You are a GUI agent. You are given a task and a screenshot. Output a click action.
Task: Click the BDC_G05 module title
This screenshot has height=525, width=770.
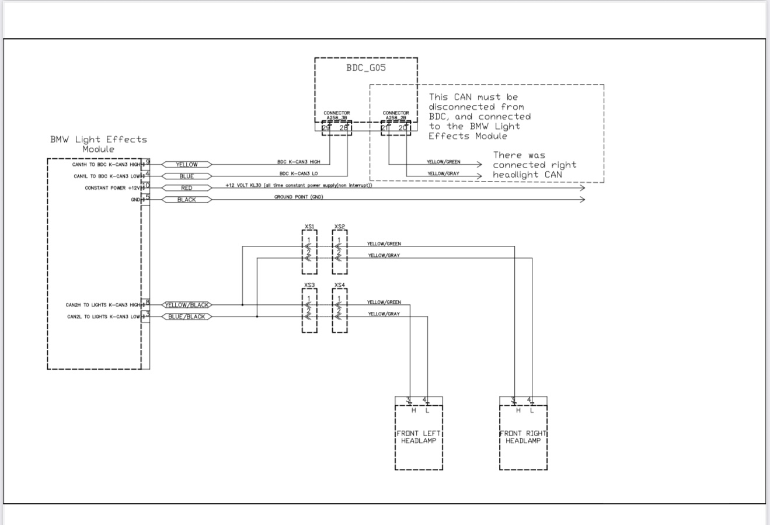click(366, 68)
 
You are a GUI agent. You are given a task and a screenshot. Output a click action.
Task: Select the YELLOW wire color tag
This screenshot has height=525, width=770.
click(187, 165)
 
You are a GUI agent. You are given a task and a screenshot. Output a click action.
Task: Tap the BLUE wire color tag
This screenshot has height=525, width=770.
click(187, 176)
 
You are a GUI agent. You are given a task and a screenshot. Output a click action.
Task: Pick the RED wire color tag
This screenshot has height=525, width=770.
click(187, 188)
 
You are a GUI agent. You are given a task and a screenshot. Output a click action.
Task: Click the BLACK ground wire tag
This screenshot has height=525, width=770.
click(187, 200)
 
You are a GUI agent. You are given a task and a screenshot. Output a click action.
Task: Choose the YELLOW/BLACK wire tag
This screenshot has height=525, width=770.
click(187, 305)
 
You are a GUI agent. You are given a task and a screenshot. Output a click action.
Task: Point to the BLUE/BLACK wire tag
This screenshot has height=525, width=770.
click(187, 317)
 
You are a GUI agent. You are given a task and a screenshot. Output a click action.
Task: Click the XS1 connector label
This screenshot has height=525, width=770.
click(309, 227)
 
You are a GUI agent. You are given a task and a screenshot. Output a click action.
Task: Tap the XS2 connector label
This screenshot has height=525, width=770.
click(340, 227)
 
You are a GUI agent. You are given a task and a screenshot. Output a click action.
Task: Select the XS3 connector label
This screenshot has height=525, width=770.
click(309, 285)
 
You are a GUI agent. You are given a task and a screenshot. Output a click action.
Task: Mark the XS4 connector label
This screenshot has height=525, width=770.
click(340, 285)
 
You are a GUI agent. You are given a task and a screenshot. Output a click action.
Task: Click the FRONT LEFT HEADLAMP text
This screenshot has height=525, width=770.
click(419, 437)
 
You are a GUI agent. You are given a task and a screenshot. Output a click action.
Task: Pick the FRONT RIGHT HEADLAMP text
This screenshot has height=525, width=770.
click(523, 437)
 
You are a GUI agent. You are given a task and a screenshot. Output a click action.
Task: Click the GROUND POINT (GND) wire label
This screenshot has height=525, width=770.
click(298, 197)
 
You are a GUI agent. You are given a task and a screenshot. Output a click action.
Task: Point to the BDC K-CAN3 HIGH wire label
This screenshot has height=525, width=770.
click(299, 162)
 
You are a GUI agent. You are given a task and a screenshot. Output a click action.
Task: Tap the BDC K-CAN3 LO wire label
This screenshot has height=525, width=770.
click(298, 173)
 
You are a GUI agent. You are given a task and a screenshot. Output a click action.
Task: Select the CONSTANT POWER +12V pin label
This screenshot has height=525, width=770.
click(112, 188)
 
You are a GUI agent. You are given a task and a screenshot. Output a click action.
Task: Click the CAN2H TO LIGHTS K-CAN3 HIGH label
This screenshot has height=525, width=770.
click(103, 305)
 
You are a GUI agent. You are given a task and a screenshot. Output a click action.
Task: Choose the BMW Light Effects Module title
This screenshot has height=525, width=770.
click(98, 144)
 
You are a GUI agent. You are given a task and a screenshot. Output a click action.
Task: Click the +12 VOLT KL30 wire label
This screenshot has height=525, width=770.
click(298, 185)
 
